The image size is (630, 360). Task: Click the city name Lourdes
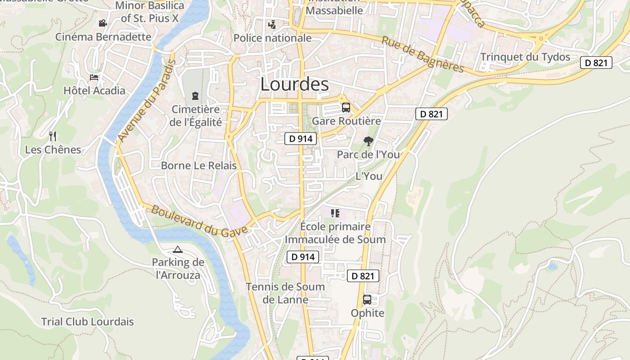pos(294,85)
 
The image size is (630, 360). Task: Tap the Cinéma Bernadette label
pos(103,37)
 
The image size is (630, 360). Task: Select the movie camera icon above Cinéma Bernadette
pos(103,23)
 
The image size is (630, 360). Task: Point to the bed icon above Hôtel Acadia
pos(94,77)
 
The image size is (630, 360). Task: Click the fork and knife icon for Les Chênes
pos(53,136)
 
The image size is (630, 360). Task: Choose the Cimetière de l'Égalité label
pos(196,116)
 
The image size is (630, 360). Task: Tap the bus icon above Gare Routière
pos(346,108)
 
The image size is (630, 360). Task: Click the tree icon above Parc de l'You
pos(368,141)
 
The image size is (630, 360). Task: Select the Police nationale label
pos(272,38)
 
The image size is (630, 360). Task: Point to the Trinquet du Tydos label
pos(525,57)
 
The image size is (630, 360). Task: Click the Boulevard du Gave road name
pos(199,221)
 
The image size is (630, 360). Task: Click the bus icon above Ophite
pos(367,300)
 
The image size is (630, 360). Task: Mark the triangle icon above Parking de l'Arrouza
pos(178,249)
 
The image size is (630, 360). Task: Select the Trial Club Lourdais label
pos(87,322)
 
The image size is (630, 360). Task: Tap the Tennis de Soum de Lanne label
pos(285,293)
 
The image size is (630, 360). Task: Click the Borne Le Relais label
pos(198,166)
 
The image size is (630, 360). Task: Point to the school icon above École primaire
pos(335,213)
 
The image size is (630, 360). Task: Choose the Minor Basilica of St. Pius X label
pos(150,12)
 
